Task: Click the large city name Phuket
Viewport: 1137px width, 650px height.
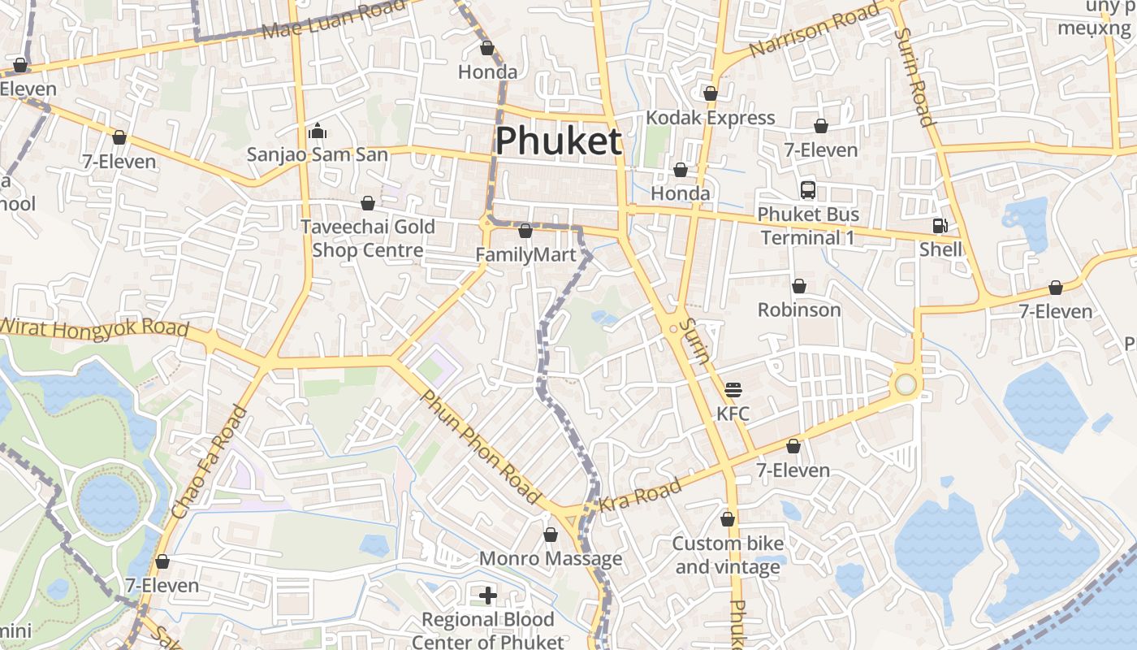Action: [x=558, y=141]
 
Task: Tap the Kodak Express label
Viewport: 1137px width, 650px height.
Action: [x=711, y=118]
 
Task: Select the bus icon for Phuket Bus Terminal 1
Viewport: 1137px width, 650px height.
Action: [x=808, y=190]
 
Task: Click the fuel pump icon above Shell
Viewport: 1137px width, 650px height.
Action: [x=940, y=226]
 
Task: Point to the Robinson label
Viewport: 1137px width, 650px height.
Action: [x=799, y=310]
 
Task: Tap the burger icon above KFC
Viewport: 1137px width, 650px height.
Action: [x=733, y=390]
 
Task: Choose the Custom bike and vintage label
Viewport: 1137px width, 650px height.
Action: [x=728, y=555]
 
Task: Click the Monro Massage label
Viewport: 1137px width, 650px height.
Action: [x=551, y=559]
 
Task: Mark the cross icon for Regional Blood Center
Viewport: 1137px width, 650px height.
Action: [x=488, y=596]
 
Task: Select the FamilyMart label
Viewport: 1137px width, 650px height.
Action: [x=525, y=255]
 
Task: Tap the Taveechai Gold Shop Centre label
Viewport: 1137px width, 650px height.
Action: [x=368, y=238]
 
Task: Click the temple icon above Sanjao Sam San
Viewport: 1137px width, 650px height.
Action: [x=318, y=130]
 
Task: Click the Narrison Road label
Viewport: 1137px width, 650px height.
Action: [x=814, y=30]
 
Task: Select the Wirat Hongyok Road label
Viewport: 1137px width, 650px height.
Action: [x=95, y=329]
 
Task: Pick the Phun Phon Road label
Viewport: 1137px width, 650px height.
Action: [x=480, y=446]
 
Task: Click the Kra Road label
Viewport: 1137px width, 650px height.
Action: [x=640, y=495]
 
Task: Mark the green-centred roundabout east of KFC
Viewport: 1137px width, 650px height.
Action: [x=905, y=384]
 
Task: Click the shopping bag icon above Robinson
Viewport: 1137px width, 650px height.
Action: [x=799, y=286]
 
